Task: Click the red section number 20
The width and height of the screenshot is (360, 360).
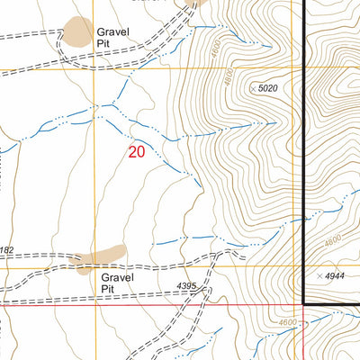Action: point(136,152)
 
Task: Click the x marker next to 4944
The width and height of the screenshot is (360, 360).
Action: point(321,274)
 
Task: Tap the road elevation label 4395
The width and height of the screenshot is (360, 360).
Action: point(185,287)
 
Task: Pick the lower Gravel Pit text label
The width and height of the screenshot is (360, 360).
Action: point(117,283)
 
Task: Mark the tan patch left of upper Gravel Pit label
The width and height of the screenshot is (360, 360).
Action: point(77,32)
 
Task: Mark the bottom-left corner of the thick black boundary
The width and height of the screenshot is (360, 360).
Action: point(304,304)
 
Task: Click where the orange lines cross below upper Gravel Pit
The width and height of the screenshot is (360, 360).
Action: point(94,67)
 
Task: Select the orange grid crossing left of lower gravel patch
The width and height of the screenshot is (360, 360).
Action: point(94,267)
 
